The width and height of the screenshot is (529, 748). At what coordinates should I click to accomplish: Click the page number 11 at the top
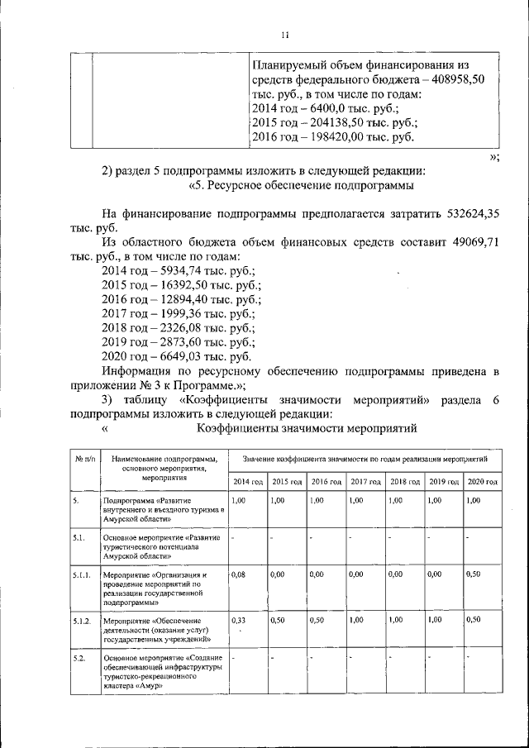[284, 34]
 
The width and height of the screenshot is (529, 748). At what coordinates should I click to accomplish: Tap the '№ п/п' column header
[84, 458]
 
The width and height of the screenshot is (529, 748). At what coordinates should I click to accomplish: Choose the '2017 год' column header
[365, 482]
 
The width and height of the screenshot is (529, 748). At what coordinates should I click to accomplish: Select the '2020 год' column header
[482, 482]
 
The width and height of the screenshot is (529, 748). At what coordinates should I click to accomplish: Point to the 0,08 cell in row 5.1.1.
[239, 574]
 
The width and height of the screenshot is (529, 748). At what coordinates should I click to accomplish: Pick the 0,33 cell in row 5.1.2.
[239, 620]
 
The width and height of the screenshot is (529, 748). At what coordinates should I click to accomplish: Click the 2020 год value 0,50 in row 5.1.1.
[474, 574]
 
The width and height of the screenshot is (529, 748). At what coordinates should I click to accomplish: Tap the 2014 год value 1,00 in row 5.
[239, 501]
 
